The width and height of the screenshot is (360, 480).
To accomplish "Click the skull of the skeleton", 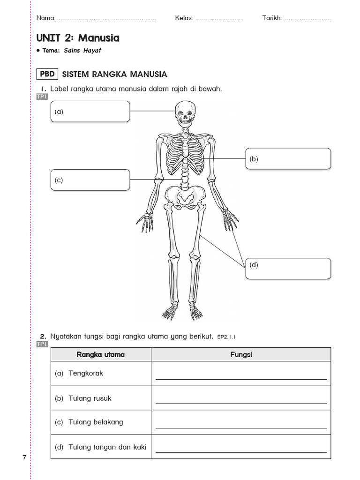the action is coord(185,113).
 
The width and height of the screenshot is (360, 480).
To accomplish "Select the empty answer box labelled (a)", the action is coord(90,112).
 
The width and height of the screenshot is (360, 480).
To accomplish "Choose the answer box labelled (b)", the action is coord(288,158).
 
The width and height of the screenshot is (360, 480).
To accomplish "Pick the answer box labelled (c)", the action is coord(90,180).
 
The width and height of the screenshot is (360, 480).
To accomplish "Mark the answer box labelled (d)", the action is coord(288,268).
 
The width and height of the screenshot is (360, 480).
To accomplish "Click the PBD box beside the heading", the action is coord(47,74).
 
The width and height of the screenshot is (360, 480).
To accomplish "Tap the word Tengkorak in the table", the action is coord(86,374).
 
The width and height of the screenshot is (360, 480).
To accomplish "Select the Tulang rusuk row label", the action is coord(90,398).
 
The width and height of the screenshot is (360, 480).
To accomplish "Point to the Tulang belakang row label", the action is coord(96,422).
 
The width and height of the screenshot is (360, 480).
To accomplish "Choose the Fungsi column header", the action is coord(241,354).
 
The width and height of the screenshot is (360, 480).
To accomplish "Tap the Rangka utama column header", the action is coord(101,354).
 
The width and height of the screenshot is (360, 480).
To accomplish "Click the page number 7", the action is coord(24,457).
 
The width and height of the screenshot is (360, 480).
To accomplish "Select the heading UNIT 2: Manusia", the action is coord(78,38).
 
